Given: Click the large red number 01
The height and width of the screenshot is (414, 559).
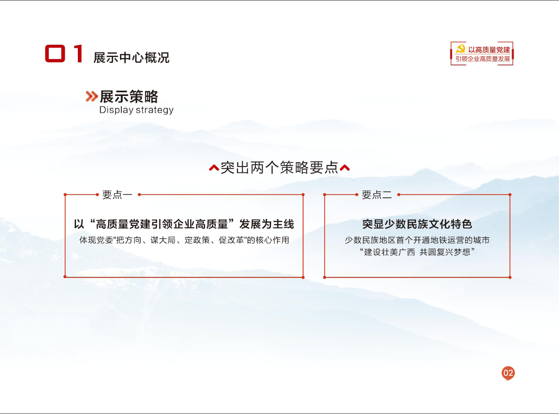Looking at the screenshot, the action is click(x=64, y=53).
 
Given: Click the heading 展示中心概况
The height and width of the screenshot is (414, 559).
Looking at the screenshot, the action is click(x=131, y=58).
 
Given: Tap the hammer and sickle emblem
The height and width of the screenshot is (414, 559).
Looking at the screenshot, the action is click(x=460, y=49).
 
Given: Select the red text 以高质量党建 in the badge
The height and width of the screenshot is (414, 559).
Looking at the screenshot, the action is click(x=489, y=49).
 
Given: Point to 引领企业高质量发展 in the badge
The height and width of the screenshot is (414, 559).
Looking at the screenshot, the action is click(x=483, y=59).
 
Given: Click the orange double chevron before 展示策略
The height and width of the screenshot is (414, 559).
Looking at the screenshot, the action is click(x=92, y=96).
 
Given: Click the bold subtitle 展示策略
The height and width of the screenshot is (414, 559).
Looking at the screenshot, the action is click(x=129, y=96).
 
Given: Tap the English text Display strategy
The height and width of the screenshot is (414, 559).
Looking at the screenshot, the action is click(x=136, y=110).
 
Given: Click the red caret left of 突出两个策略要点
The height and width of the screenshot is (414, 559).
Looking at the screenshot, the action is click(x=214, y=168).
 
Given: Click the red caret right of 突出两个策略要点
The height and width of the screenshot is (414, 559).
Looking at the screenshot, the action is click(x=344, y=168).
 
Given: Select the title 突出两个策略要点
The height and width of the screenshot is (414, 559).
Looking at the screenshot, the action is click(x=279, y=167).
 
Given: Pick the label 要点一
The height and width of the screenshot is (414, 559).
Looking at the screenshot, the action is click(x=117, y=195).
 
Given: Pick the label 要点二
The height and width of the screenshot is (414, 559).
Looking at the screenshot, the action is click(x=377, y=195).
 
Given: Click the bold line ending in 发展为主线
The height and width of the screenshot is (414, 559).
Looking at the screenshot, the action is click(x=184, y=224).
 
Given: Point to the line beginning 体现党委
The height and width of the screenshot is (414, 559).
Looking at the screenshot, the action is click(x=184, y=240).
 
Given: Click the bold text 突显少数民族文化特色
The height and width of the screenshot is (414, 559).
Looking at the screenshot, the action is click(x=417, y=224).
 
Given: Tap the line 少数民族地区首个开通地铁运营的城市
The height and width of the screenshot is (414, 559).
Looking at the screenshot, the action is click(x=417, y=240).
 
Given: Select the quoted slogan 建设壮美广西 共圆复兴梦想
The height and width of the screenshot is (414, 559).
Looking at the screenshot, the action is click(x=417, y=252).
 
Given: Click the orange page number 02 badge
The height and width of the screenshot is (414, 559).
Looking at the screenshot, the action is click(x=508, y=373).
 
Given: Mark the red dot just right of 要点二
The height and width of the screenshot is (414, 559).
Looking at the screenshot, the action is click(x=399, y=195).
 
